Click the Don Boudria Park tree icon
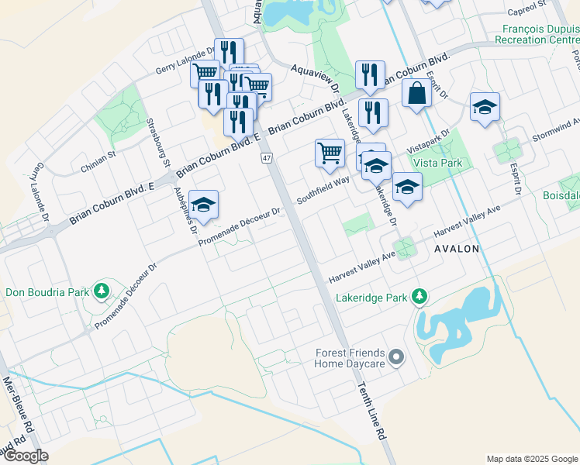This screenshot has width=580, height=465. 101,291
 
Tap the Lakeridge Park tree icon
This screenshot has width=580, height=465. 419,297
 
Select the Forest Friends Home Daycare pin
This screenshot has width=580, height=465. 397,357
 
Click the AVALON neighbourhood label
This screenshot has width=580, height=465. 457,249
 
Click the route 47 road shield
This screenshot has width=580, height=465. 267,158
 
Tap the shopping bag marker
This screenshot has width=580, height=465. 416,94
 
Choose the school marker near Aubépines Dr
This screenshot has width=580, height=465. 203,205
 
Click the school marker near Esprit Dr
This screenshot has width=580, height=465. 485,107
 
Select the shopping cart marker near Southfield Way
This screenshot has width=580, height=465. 330,153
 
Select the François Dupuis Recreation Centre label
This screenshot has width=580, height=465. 536,33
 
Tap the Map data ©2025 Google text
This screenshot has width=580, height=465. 531,459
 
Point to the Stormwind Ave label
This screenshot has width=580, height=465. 555,129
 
